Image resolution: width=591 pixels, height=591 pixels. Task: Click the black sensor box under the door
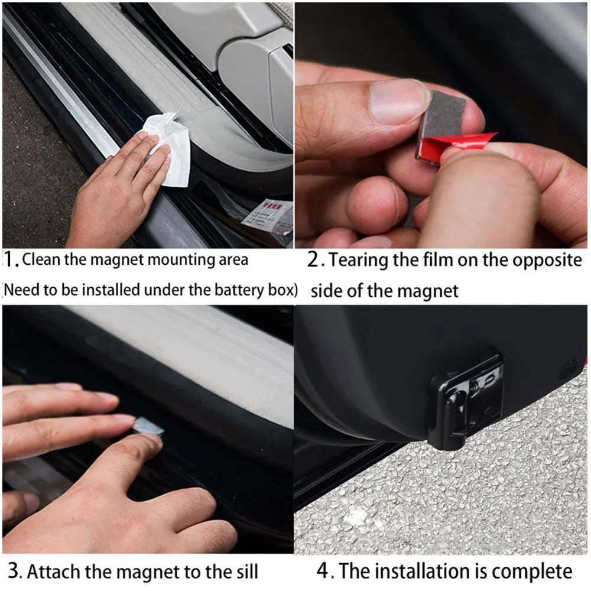click(466, 401)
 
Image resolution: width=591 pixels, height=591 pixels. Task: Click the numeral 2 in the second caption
click(314, 259)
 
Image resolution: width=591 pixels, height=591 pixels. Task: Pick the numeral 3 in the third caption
click(14, 571)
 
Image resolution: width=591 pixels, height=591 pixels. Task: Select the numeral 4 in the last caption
click(323, 570)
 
